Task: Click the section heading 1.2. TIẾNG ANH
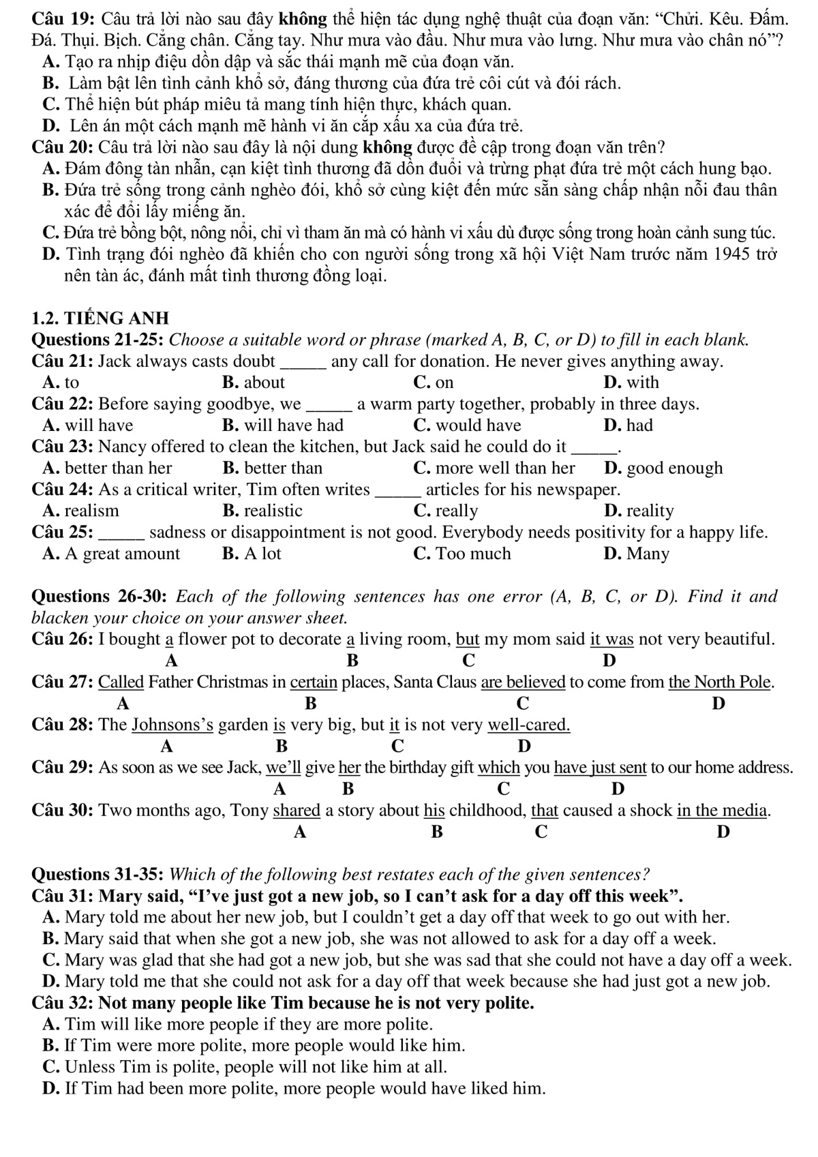pos(100,318)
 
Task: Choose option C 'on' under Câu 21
pos(434,382)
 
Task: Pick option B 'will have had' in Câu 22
pos(283,425)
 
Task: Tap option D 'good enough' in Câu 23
pos(663,468)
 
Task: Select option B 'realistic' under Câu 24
pos(262,511)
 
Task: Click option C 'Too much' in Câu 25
pos(462,554)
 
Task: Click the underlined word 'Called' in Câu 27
pos(121,682)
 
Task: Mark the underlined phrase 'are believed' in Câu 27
pos(524,682)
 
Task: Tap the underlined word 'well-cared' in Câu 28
pos(529,725)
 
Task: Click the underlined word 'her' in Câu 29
pos(349,768)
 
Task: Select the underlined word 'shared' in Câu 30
pos(297,811)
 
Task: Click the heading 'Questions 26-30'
pos(100,597)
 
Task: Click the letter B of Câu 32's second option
pos(48,1046)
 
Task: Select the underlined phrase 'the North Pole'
pos(720,682)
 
